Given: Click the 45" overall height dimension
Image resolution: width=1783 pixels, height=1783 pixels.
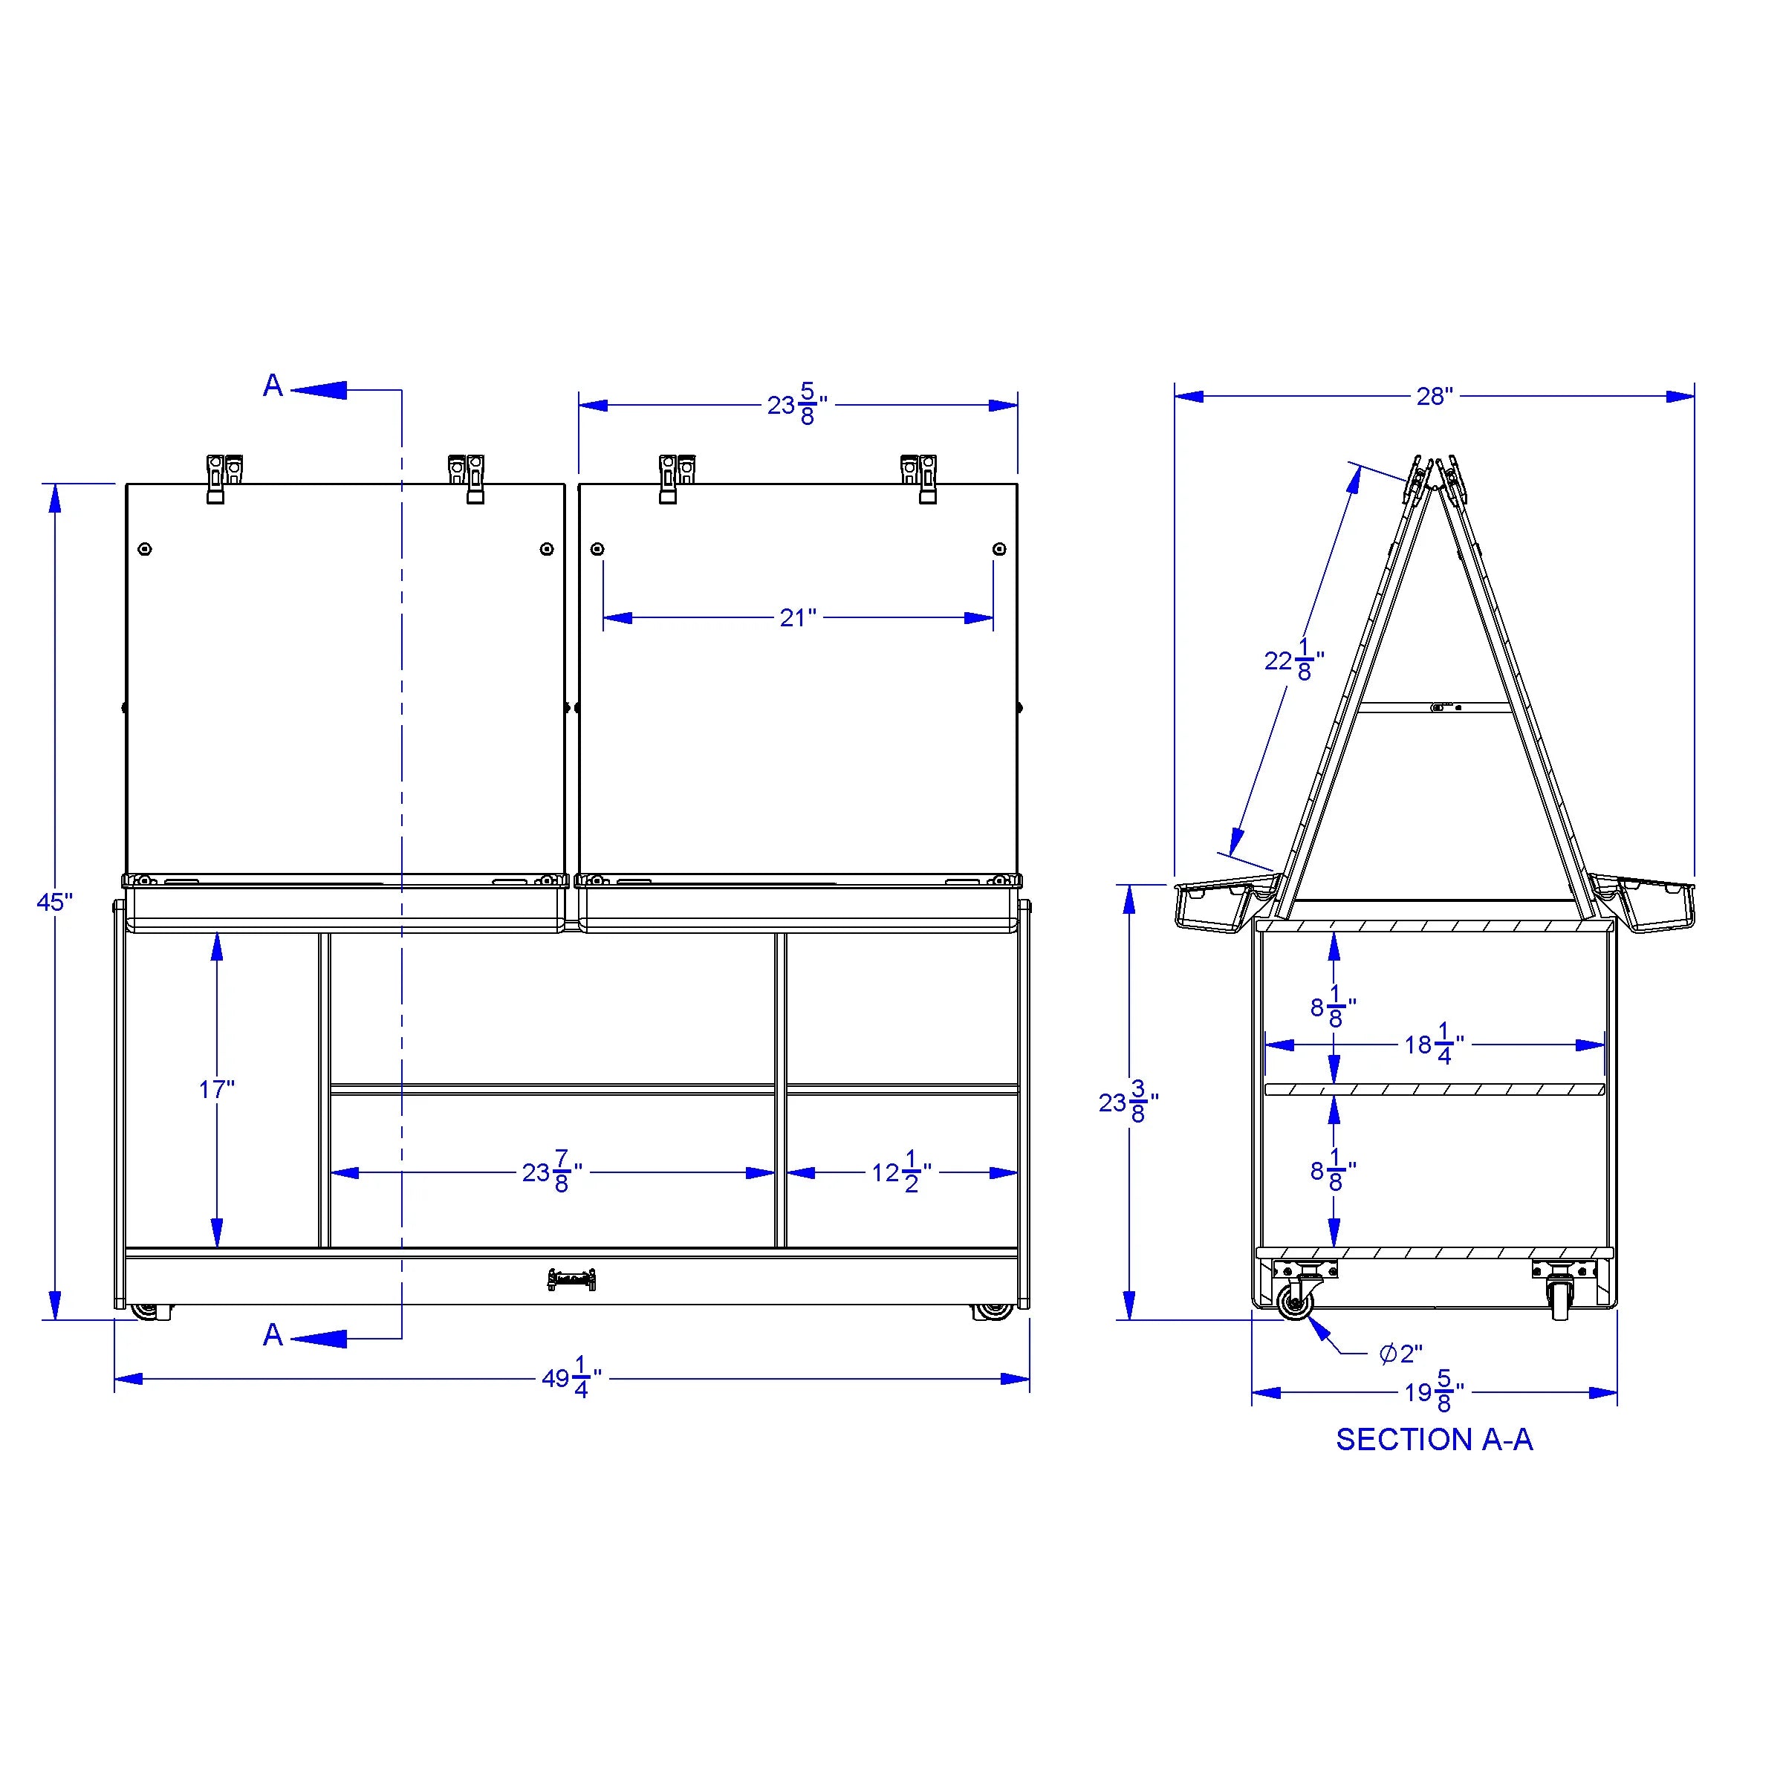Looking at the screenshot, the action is (54, 902).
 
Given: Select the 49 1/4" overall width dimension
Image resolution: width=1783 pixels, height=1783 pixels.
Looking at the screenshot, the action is (571, 1378).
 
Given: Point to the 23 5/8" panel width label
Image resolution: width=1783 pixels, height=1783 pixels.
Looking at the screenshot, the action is (797, 404).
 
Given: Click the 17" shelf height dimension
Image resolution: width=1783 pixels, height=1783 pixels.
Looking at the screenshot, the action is (217, 1089).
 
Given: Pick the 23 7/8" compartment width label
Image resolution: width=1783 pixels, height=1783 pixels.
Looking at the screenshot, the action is (552, 1172).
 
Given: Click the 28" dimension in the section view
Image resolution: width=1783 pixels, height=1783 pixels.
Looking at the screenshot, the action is (1434, 396).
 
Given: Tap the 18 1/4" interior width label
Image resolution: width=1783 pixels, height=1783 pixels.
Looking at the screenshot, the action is (1434, 1044).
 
